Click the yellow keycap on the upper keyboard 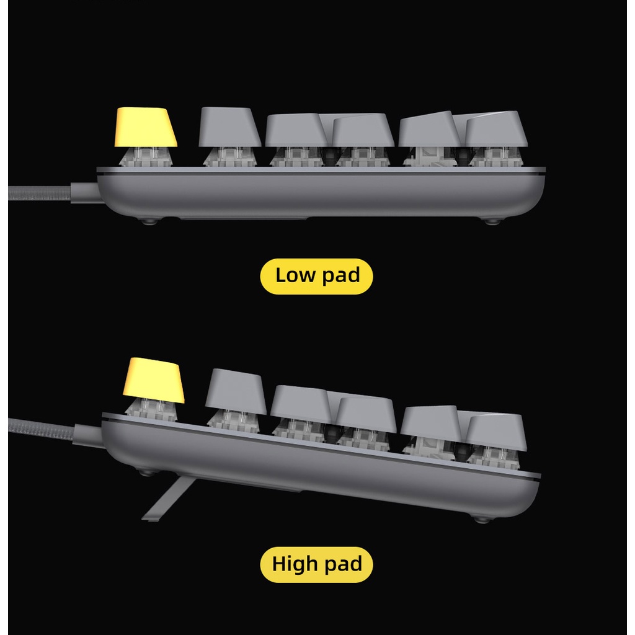coord(146,127)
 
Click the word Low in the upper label coord(295,275)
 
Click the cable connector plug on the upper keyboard coord(84,192)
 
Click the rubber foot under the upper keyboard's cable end coord(148,221)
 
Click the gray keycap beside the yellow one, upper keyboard coord(229,127)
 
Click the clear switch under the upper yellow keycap coord(146,157)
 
